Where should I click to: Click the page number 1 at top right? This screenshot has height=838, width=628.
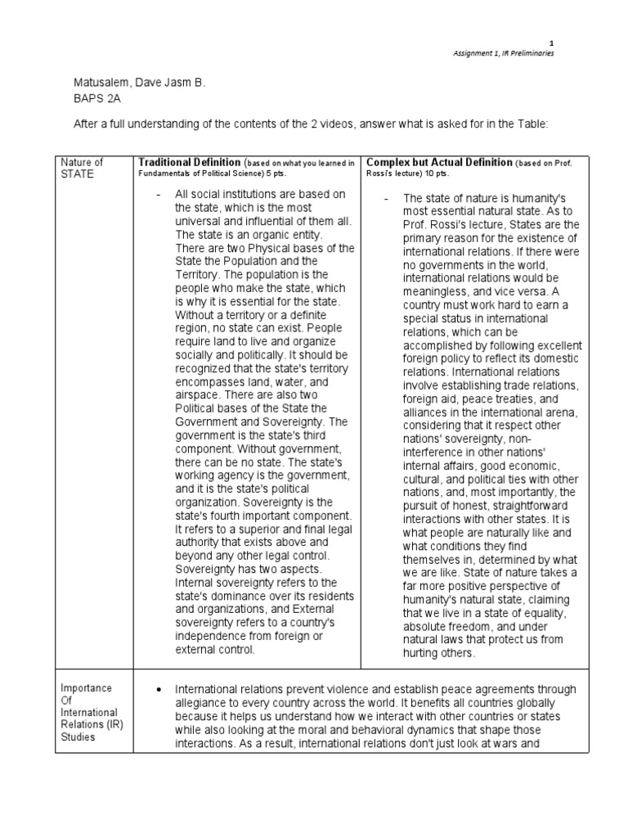click(551, 43)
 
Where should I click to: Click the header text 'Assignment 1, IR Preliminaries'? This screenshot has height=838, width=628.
click(504, 53)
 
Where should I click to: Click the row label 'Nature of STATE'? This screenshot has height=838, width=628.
click(83, 168)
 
